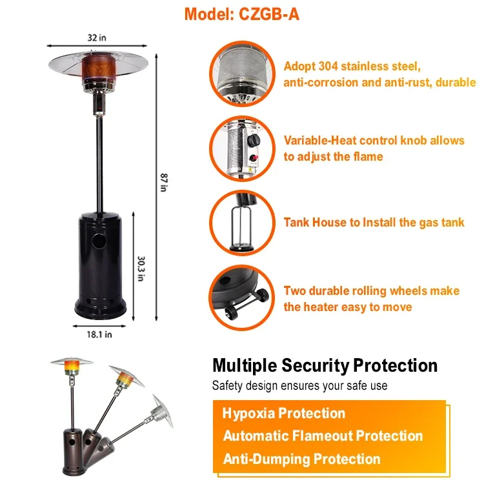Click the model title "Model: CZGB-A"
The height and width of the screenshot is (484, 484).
pos(242,14)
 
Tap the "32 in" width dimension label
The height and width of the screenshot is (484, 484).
pos(97,37)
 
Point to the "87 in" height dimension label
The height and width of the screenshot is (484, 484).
pos(164,183)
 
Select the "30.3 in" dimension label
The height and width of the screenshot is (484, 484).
pos(141,268)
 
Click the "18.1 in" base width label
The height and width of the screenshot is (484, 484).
pos(99,334)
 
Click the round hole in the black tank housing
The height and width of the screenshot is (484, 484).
pos(99,241)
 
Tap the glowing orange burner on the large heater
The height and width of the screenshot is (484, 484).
pos(99,67)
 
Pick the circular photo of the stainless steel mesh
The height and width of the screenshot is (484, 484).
pos(242,74)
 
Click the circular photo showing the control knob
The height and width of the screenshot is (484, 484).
pos(242,148)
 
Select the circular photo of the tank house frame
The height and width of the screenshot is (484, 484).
pos(242,223)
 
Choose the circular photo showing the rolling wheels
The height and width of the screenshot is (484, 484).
pos(242,297)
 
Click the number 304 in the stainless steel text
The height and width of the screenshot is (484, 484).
pos(328,66)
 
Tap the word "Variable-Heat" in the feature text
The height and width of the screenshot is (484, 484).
pos(320,141)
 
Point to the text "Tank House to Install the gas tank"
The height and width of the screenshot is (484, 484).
pos(374,222)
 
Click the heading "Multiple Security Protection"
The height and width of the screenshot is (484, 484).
pos(325,365)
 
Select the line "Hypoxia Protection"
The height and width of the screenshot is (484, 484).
pos(284,413)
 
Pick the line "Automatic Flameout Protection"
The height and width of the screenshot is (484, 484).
pos(323,436)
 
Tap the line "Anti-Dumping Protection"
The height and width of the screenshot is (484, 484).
pos(301,459)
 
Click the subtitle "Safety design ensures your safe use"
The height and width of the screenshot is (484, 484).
pos(299,385)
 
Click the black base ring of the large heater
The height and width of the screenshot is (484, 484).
pos(100,308)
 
